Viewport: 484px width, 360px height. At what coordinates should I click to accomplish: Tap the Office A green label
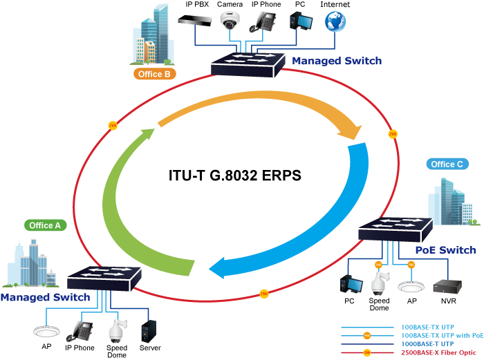coord(46,225)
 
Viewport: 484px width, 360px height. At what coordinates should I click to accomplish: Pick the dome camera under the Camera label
coord(230,20)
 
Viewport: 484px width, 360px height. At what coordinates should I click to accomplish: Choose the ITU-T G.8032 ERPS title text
coord(235,176)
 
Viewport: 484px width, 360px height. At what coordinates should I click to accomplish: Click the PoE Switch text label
coord(445,250)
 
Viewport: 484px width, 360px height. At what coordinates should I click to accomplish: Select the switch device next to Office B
coord(248,65)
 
